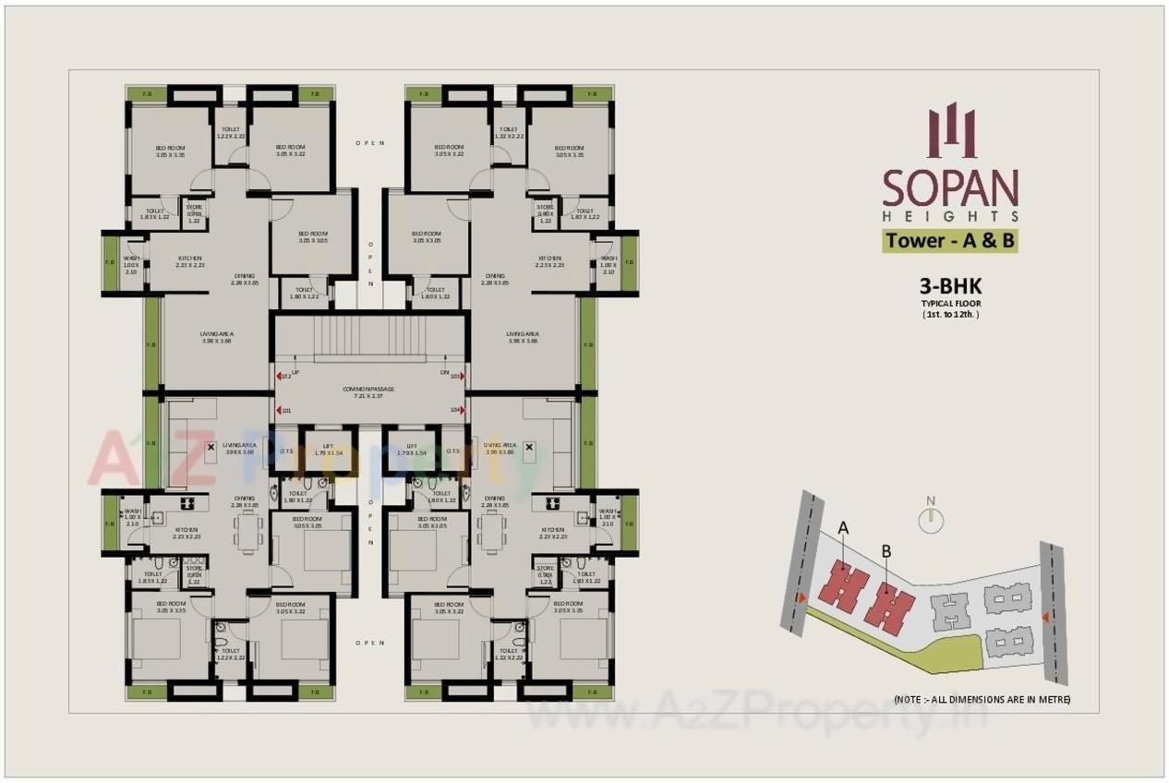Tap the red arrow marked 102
pos(279,376)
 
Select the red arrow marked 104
pos(462,409)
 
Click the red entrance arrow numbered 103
pos(462,376)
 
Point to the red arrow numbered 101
pos(279,410)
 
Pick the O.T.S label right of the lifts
pos(452,452)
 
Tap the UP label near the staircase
pos(295,371)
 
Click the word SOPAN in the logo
pos(950,187)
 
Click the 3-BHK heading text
pos(950,287)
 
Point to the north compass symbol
pos(931,519)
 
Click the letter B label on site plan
pos(886,551)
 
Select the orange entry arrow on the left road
pos(801,598)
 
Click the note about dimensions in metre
pos(982,700)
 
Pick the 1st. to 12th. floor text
pos(950,314)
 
